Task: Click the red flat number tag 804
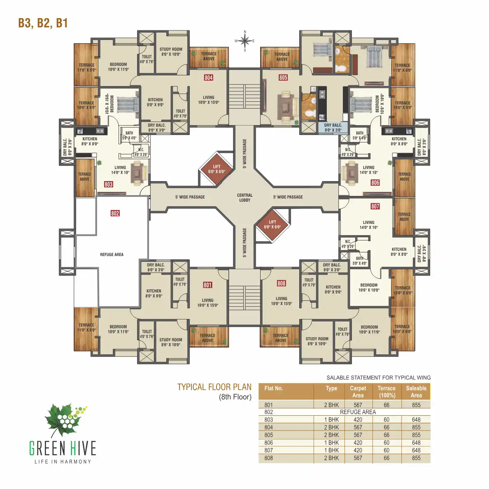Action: [x=208, y=77]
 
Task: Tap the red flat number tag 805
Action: [x=283, y=77]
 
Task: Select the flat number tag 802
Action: [x=115, y=213]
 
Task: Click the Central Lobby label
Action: [x=244, y=198]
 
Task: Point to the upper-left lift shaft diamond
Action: [x=217, y=169]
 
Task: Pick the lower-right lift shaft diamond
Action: [x=272, y=225]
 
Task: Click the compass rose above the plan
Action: [x=245, y=41]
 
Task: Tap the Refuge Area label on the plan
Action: [x=112, y=254]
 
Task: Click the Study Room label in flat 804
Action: [x=171, y=51]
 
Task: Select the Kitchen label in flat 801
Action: [x=154, y=293]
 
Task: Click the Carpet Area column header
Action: [x=358, y=391]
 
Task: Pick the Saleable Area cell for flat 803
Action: [x=416, y=420]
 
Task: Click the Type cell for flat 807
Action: [x=331, y=450]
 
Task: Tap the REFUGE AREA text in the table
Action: [x=358, y=412]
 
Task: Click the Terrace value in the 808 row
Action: [x=386, y=458]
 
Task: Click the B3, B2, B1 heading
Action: [x=43, y=23]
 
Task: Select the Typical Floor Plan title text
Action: [x=214, y=387]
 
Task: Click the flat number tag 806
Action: [x=375, y=182]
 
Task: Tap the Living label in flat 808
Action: [x=282, y=301]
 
